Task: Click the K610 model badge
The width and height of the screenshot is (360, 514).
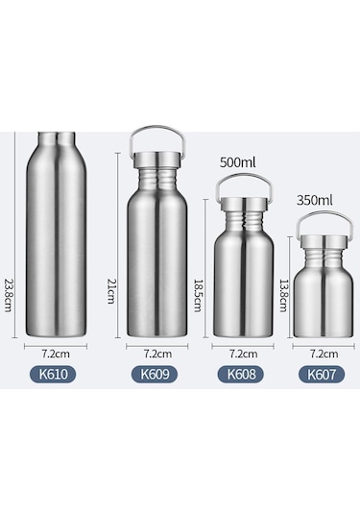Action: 53,374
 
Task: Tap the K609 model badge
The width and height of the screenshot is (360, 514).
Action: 155,374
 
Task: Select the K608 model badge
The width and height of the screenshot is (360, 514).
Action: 241,374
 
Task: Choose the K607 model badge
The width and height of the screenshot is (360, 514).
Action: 322,375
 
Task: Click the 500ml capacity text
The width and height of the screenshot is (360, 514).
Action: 237,162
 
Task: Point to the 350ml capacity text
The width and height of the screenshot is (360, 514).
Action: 315,200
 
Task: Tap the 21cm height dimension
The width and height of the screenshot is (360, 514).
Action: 110,291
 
